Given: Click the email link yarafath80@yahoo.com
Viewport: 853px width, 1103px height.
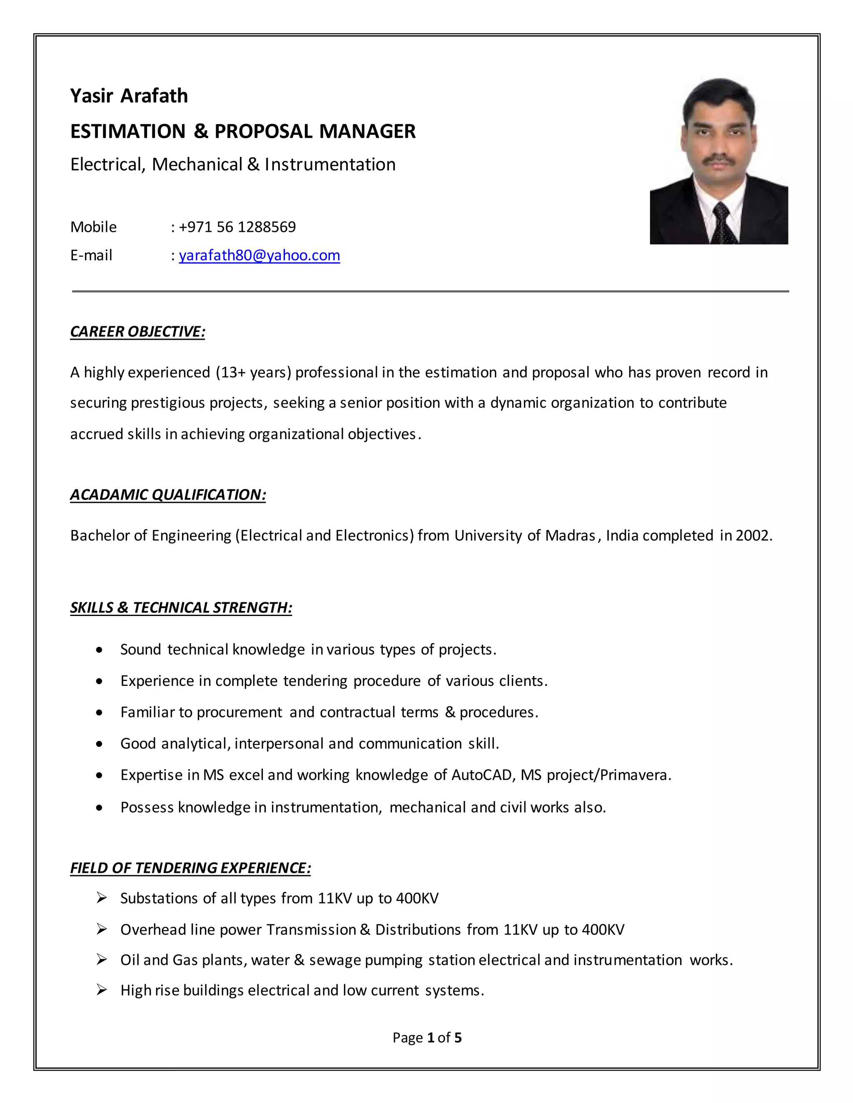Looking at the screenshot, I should (259, 256).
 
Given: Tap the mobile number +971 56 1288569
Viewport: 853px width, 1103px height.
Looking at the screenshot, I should (237, 227).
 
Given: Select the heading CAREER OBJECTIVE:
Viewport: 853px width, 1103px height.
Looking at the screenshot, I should (137, 332).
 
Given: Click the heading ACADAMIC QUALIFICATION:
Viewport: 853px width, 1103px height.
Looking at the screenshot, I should (168, 495).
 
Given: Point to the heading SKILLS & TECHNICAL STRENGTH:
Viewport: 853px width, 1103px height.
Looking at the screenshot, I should (181, 608).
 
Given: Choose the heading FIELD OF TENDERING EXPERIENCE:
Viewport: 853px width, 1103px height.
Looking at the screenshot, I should (190, 868).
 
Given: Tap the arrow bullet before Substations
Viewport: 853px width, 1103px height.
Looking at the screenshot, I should (102, 898).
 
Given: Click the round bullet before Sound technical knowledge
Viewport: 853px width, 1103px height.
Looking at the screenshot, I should (100, 650).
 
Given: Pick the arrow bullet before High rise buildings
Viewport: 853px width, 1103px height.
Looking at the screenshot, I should (102, 990).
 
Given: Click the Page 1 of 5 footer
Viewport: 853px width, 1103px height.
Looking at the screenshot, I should (427, 1038).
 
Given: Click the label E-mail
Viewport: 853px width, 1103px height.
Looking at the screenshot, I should (92, 256).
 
